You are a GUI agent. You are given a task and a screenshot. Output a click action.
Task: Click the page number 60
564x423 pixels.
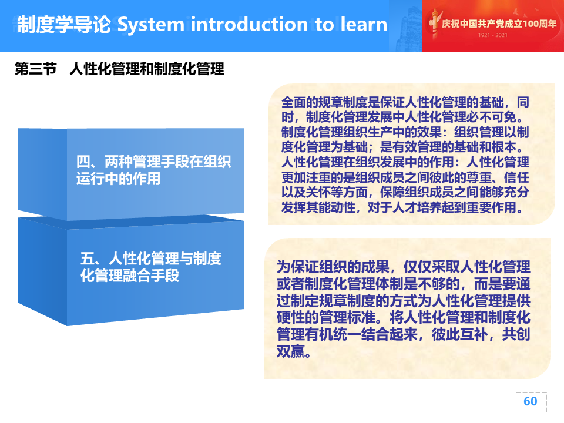pos(530,401)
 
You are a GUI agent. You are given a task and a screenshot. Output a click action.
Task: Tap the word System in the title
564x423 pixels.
pos(151,25)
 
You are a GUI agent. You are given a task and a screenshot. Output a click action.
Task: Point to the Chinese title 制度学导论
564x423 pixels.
pos(64,25)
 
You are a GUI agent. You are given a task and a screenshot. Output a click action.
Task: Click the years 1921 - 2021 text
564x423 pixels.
pos(492,35)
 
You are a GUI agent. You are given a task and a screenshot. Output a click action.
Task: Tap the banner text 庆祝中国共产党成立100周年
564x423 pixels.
pos(499,23)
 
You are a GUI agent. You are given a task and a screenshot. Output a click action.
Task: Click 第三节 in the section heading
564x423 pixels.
pos(36,68)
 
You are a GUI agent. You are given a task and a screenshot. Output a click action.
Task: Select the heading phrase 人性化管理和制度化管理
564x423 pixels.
pos(147,68)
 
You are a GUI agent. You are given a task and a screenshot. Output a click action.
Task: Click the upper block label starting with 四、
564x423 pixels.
pos(153,170)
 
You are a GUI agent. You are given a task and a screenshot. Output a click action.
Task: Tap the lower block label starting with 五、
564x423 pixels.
pos(151,267)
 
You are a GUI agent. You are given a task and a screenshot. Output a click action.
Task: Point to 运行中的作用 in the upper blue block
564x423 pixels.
pos(118,179)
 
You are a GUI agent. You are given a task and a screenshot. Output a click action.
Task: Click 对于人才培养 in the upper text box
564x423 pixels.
pos(404,207)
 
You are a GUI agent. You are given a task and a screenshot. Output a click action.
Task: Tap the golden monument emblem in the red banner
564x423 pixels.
pos(434,23)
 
